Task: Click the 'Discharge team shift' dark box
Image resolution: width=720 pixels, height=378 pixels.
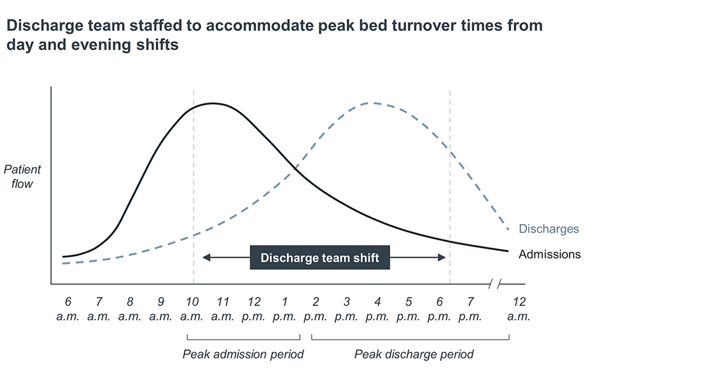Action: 319,257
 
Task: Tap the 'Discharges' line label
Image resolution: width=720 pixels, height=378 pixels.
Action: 549,229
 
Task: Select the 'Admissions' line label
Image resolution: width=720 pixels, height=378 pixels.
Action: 549,254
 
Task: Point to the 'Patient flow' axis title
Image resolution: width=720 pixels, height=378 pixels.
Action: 22,176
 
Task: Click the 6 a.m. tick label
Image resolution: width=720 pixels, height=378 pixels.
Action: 67,309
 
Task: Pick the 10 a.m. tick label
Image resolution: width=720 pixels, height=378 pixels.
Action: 192,309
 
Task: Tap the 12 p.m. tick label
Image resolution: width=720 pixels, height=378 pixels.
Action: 254,309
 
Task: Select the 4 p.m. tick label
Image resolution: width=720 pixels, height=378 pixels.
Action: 377,309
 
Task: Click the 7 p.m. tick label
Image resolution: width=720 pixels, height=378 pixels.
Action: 470,309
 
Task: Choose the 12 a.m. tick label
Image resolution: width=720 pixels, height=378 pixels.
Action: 519,309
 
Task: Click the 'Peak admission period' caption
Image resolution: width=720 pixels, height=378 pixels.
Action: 243,354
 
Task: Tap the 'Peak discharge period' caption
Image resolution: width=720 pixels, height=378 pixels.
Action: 414,354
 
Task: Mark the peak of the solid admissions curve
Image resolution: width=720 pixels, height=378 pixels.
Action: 214,103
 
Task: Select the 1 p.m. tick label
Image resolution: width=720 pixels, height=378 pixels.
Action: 284,309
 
